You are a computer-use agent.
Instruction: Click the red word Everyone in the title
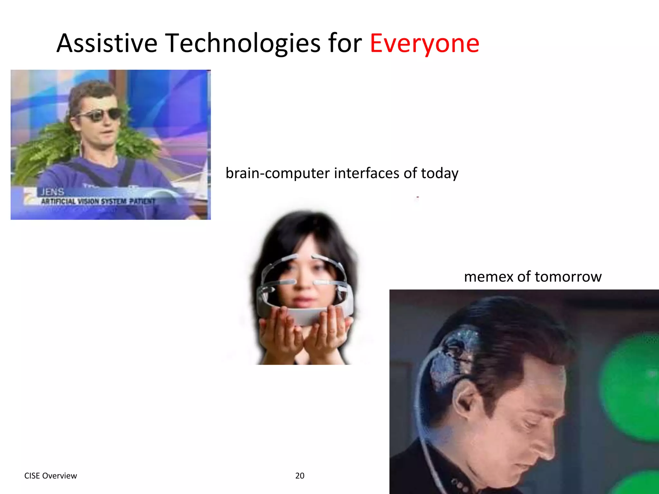coord(424,43)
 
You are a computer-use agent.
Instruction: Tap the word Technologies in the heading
coord(243,43)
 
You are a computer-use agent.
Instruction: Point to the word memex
coord(488,277)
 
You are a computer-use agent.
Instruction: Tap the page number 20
coord(300,476)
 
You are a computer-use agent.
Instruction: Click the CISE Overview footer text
coord(51,476)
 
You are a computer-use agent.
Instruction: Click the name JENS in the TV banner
coord(52,192)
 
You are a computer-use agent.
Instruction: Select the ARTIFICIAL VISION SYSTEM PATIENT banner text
coord(98,202)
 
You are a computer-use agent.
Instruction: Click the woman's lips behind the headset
coord(301,301)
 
